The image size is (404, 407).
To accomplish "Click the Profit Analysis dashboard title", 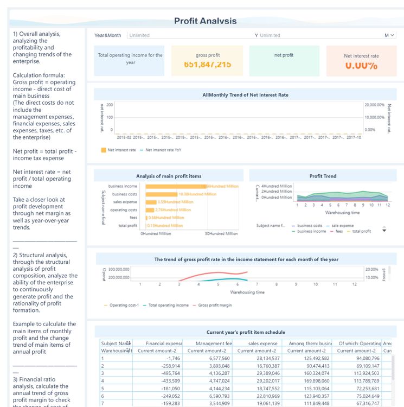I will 205,21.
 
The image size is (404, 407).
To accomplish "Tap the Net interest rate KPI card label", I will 361,56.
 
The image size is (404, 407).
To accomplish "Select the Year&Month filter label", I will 108,35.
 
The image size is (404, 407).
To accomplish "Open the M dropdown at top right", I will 389,35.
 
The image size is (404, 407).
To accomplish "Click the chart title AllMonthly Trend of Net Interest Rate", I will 245,95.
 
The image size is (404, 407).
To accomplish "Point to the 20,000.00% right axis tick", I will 374,104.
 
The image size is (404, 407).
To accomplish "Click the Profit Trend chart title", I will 323,176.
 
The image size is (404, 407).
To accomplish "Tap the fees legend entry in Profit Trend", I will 338,231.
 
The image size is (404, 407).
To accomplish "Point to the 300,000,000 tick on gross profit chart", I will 119,269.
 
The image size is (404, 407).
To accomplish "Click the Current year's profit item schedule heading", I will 245,332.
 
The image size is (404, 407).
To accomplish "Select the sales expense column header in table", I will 263,343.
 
